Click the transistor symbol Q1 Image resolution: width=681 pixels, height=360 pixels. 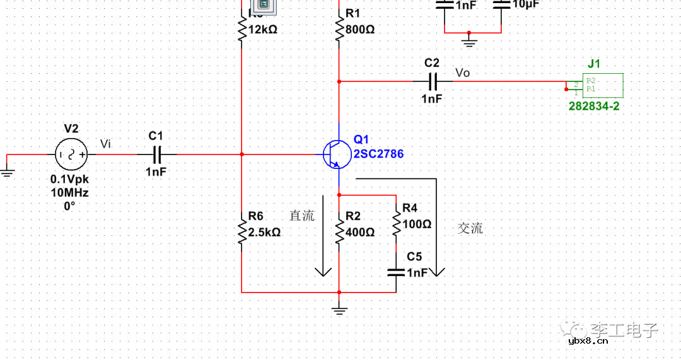pyautogui.click(x=334, y=154)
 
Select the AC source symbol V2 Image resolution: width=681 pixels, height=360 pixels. pyautogui.click(x=71, y=154)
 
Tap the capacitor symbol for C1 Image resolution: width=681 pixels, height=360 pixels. pyautogui.click(x=156, y=154)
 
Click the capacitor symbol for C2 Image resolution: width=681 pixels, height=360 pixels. pyautogui.click(x=432, y=81)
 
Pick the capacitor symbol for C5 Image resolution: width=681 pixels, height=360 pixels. pyautogui.click(x=396, y=272)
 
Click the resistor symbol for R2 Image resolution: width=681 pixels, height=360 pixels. pyautogui.click(x=339, y=231)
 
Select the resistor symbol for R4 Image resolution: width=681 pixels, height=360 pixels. pyautogui.click(x=396, y=222)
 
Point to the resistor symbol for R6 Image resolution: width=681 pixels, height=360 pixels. pyautogui.click(x=242, y=231)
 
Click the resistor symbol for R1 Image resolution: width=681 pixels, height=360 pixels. pyautogui.click(x=339, y=28)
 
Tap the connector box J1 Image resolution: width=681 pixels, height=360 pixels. pyautogui.click(x=602, y=85)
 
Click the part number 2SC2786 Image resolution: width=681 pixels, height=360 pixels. pyautogui.click(x=378, y=154)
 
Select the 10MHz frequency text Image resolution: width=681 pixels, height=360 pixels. pyautogui.click(x=70, y=192)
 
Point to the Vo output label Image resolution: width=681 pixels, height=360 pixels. pyautogui.click(x=462, y=73)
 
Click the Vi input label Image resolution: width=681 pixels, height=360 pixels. pyautogui.click(x=105, y=145)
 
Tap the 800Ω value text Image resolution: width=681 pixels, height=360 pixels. pyautogui.click(x=361, y=30)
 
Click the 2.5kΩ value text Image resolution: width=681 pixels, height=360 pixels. pyautogui.click(x=265, y=232)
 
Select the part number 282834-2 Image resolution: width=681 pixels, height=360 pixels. pyautogui.click(x=593, y=107)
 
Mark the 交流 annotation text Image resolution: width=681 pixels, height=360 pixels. pyautogui.click(x=470, y=228)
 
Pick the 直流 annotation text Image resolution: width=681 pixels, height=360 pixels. pyautogui.click(x=301, y=216)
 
